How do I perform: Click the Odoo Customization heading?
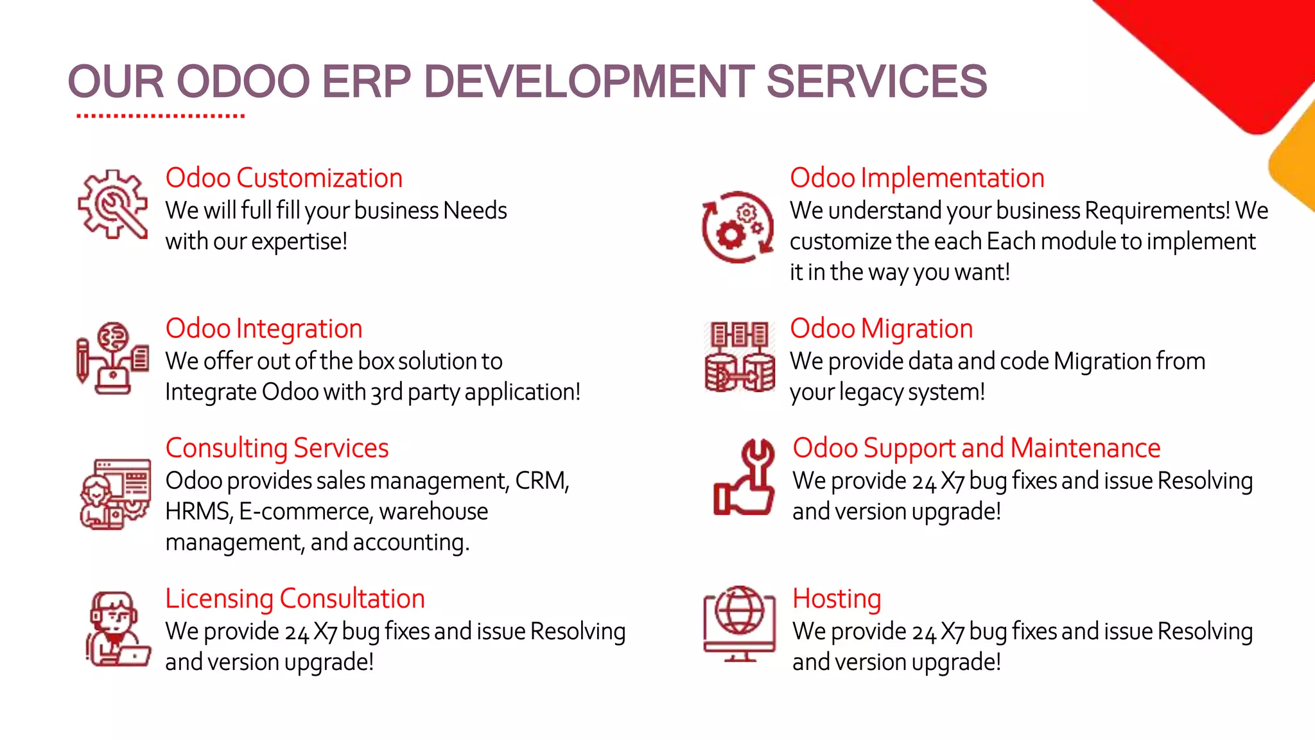pos(284,178)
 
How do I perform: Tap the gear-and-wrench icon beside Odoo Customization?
pos(112,204)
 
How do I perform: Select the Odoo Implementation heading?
pos(917,178)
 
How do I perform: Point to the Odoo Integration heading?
pos(264,328)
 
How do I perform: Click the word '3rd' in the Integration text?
pos(387,392)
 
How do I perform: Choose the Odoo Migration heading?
pos(881,328)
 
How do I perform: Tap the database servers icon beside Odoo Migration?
pos(739,357)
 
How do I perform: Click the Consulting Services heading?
pos(277,448)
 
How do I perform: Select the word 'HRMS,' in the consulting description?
pos(198,511)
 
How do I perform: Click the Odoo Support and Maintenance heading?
pos(976,448)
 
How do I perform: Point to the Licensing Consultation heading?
pos(295,598)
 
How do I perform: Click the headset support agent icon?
pos(116,629)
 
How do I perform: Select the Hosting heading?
pos(836,598)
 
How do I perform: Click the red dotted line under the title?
pos(161,116)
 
